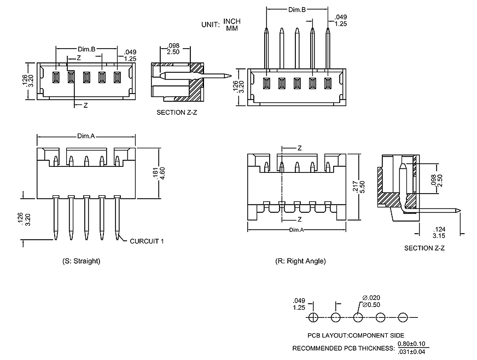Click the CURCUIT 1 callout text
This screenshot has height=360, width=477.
[x=147, y=241]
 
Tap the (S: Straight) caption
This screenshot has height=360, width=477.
[x=82, y=261]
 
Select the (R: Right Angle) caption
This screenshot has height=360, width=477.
[x=300, y=261]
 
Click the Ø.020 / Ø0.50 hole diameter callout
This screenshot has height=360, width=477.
[x=371, y=301]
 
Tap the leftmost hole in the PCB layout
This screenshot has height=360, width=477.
[x=313, y=317]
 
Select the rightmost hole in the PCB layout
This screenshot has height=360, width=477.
[x=404, y=317]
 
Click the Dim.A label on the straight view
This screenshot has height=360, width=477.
[x=86, y=136]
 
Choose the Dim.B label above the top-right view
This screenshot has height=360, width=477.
[x=296, y=10]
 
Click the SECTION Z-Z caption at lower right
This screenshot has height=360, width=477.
[x=424, y=248]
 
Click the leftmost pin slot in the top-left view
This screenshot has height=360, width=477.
[x=55, y=77]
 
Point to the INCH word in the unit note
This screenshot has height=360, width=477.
[x=232, y=21]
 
